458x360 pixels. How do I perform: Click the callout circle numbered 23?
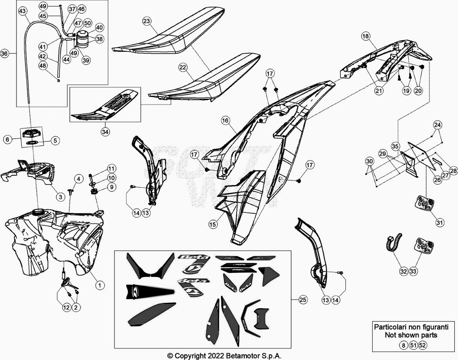click(x=147, y=21)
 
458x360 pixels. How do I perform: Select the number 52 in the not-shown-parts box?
click(x=423, y=345)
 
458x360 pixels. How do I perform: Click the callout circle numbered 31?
click(x=441, y=222)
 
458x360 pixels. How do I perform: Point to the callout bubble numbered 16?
click(x=225, y=120)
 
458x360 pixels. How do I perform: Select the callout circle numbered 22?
click(x=182, y=67)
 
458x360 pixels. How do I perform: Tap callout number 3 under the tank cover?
click(x=60, y=196)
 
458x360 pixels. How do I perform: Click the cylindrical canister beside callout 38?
click(x=83, y=39)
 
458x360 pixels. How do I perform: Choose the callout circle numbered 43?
click(x=22, y=11)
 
